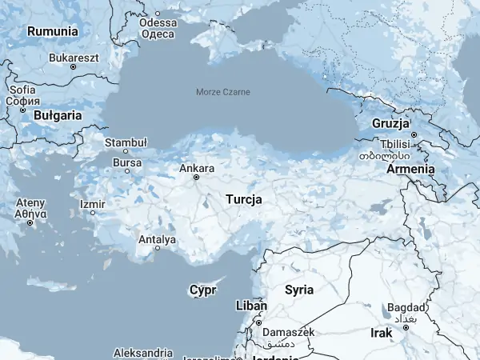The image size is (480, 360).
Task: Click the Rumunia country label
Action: click(53, 31)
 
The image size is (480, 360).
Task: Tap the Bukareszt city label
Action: click(74, 58)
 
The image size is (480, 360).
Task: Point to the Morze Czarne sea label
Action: click(223, 92)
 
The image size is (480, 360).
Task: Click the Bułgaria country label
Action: click(58, 115)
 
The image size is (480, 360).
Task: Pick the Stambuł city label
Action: click(126, 142)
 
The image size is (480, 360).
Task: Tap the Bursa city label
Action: click(127, 162)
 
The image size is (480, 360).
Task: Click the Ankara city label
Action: click(197, 168)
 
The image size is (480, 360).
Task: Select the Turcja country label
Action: click(244, 198)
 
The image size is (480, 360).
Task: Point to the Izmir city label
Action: click(92, 204)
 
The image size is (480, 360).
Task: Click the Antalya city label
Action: click(157, 238)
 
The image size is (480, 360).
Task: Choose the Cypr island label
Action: click(203, 290)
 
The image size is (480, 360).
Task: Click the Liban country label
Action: click(252, 306)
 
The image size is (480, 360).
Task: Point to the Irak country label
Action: click(382, 332)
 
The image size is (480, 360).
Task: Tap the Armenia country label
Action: click(410, 169)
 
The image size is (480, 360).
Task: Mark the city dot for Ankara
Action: click(196, 178)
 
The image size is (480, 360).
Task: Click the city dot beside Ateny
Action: click(30, 222)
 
